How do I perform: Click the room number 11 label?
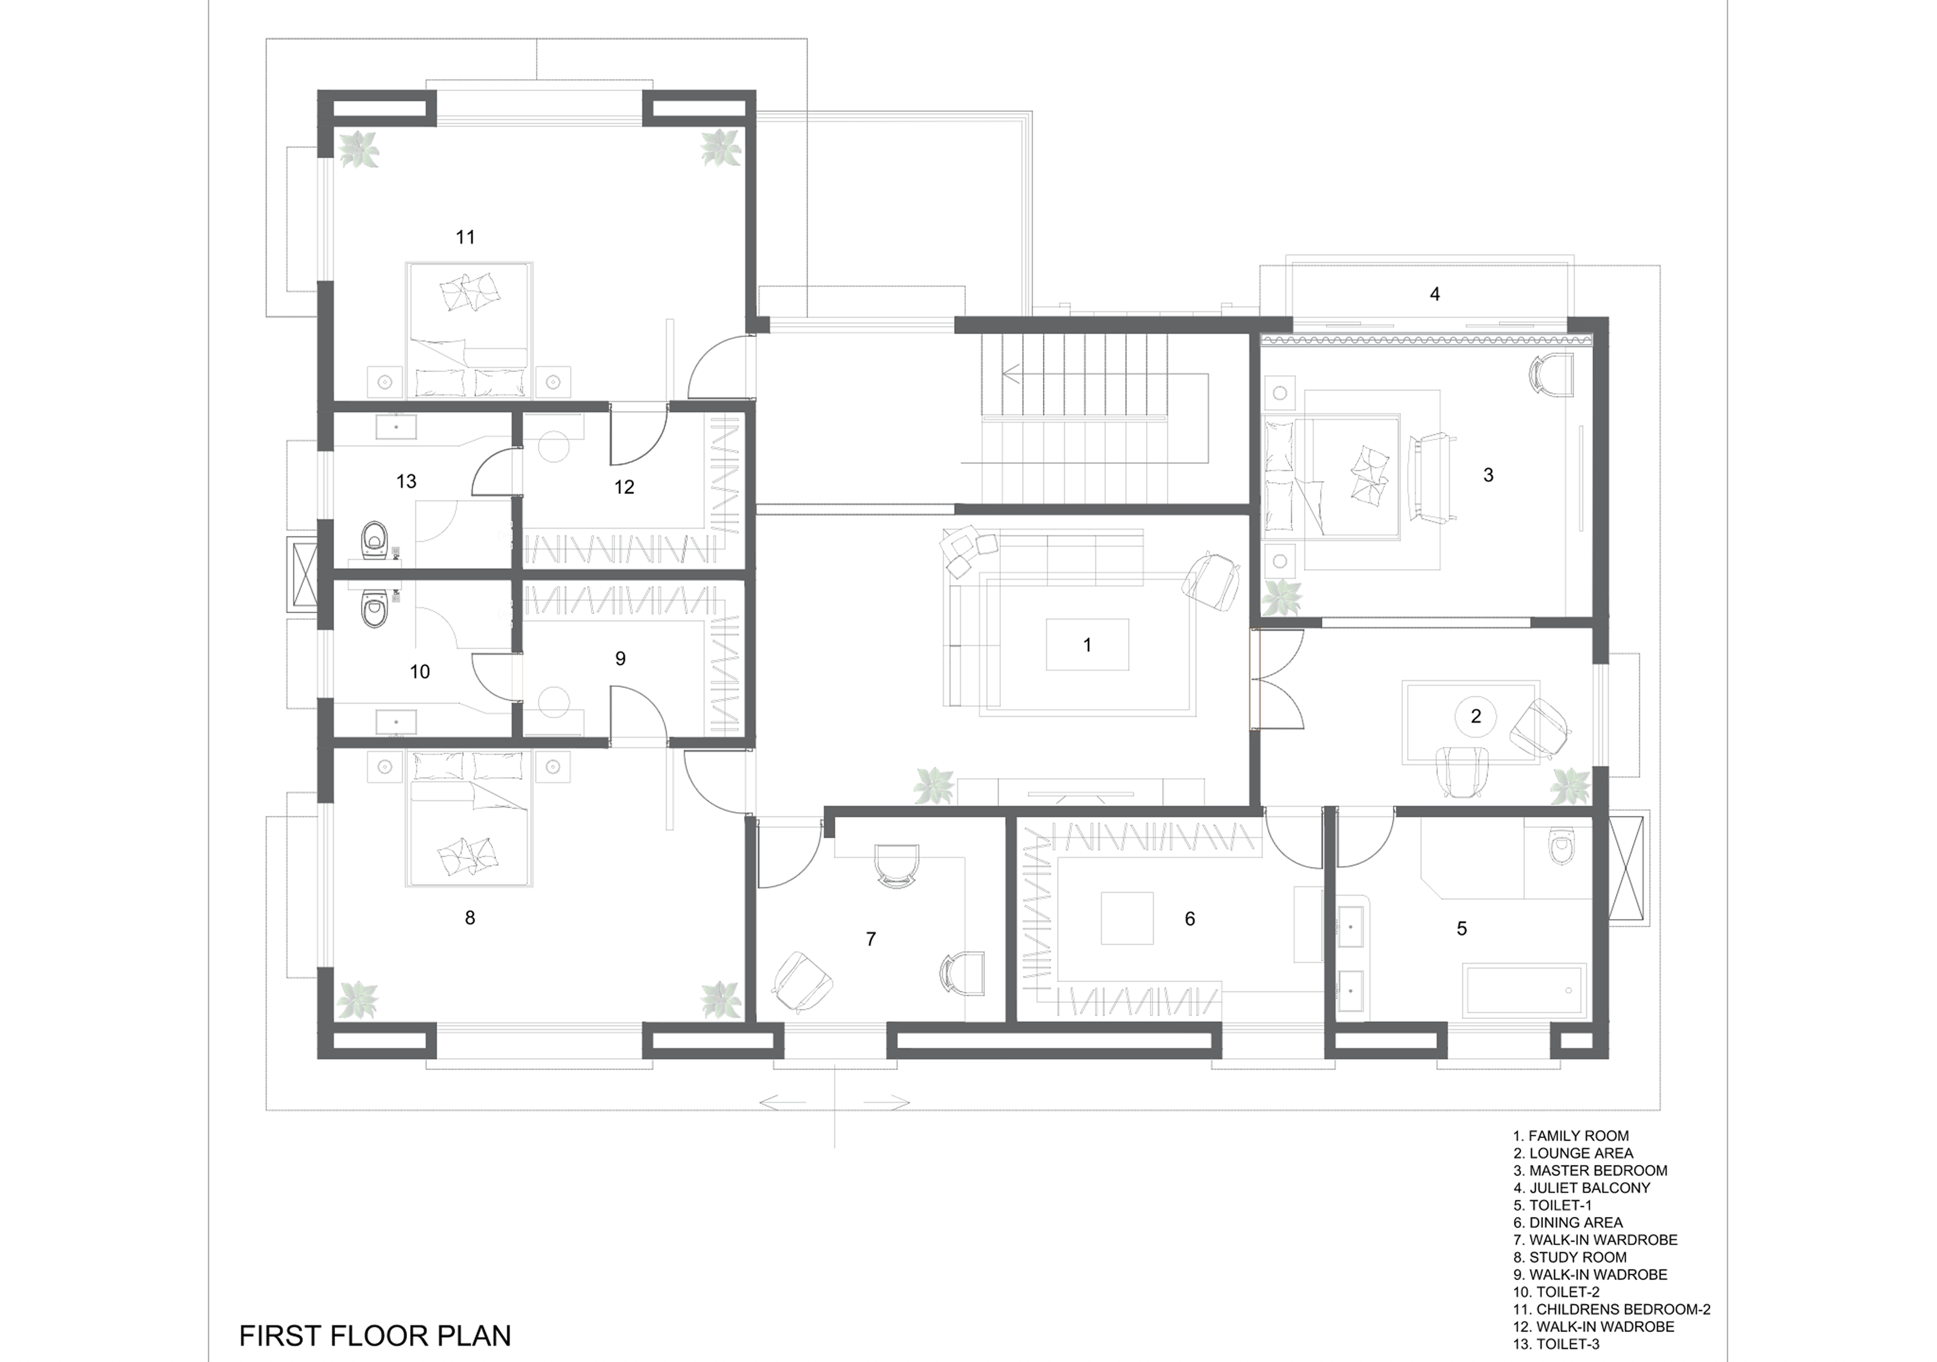tap(465, 237)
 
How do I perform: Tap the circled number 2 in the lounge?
tap(1475, 716)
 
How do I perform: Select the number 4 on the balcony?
tap(1434, 294)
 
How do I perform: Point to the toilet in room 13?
tap(374, 541)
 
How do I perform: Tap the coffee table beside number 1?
tap(1087, 645)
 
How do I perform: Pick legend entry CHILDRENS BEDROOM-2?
tap(1611, 1309)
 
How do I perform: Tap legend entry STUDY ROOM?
tap(1569, 1257)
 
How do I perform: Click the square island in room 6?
tap(1126, 918)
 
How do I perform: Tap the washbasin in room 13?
tap(396, 427)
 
